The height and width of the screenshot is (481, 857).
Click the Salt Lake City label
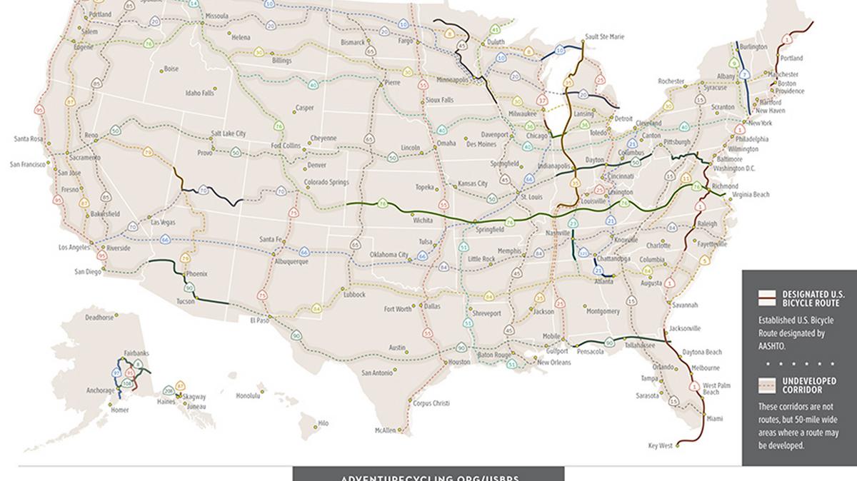click(x=228, y=133)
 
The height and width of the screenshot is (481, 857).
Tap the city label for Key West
click(x=660, y=446)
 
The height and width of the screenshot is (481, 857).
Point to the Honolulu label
click(x=248, y=395)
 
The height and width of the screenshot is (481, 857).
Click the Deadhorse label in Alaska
click(x=99, y=318)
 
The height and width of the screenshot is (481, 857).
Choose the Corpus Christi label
click(x=431, y=403)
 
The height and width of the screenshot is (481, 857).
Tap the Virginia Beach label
click(x=751, y=195)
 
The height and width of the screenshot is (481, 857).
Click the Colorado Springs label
click(x=326, y=182)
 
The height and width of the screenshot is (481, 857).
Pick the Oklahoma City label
click(x=389, y=255)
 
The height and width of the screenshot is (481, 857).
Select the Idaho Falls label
click(x=200, y=93)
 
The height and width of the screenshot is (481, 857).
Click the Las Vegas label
click(x=164, y=223)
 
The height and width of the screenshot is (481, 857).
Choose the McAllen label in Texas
click(x=385, y=430)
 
